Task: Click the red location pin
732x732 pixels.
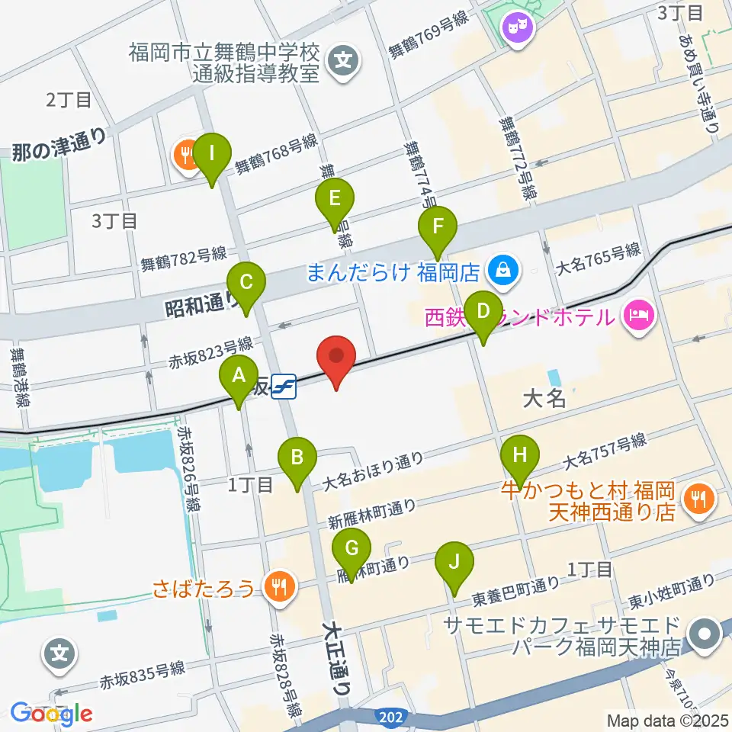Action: coord(336,361)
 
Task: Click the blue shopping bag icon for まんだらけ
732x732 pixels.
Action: coord(503,270)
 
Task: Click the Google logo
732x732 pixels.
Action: coord(52,713)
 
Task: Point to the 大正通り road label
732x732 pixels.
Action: coord(336,656)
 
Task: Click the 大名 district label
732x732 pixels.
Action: coord(544,398)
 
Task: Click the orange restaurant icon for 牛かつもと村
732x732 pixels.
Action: coord(698,499)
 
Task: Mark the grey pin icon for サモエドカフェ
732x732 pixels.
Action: coord(703,634)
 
